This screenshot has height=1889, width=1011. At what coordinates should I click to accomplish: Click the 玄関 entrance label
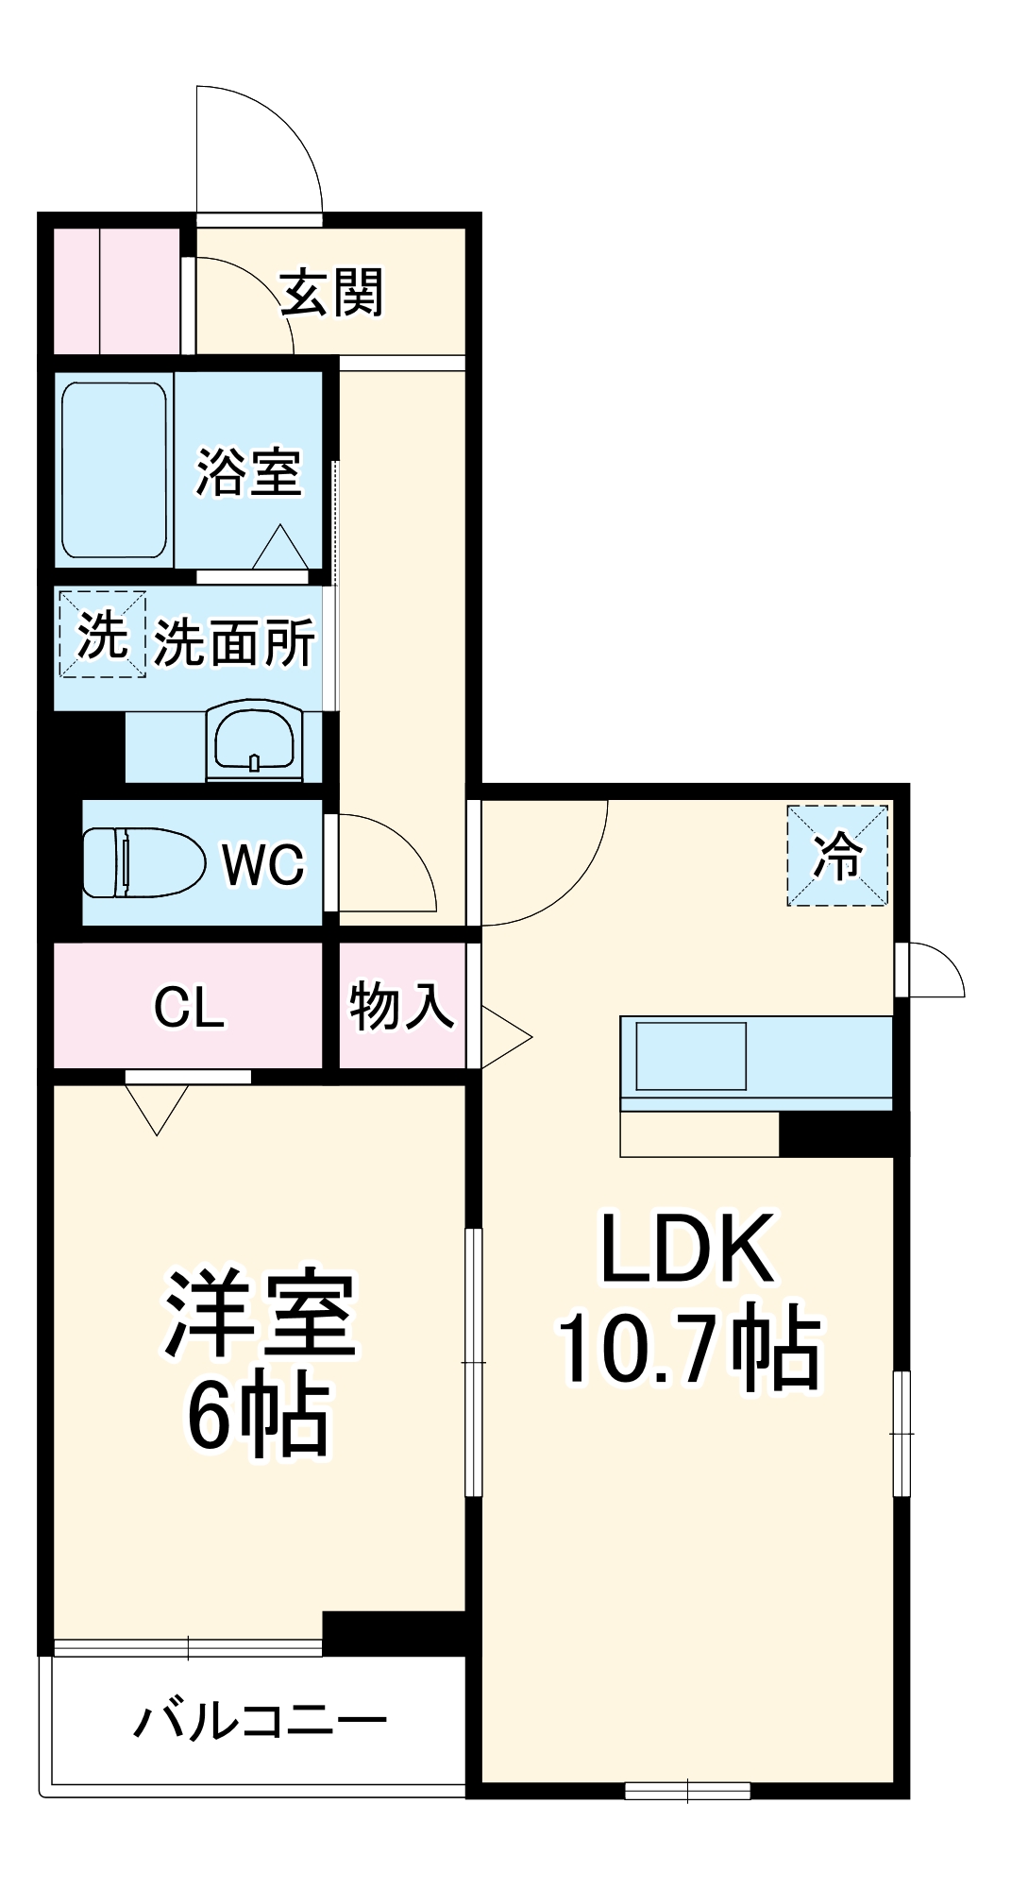(x=332, y=293)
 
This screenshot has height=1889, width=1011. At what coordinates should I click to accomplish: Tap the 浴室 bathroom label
(x=248, y=472)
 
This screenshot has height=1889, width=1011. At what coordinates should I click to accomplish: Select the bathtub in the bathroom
(x=114, y=469)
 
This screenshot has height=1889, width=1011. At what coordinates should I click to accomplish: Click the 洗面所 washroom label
(x=234, y=643)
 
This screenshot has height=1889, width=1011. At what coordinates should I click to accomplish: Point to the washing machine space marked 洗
(x=102, y=634)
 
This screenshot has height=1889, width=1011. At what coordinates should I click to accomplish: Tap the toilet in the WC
(x=143, y=862)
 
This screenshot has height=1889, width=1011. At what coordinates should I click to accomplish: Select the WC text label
(x=263, y=864)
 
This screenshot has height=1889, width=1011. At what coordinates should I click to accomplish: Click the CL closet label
(x=189, y=1008)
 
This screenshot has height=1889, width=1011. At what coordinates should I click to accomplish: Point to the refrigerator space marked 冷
(x=838, y=856)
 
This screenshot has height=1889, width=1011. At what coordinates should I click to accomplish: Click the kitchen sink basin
(x=691, y=1056)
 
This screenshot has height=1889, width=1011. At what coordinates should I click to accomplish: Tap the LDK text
(x=687, y=1249)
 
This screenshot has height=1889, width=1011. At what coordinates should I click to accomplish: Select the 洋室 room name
(x=261, y=1314)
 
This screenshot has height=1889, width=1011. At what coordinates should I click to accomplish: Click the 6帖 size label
(x=258, y=1416)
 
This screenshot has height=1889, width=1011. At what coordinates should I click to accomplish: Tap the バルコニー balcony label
(x=260, y=1721)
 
